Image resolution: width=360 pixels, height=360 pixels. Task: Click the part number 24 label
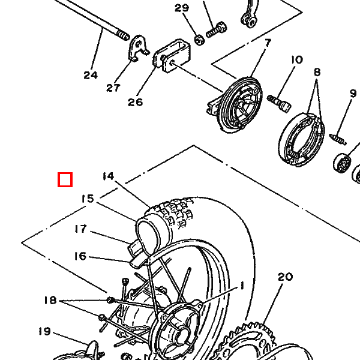[91, 76]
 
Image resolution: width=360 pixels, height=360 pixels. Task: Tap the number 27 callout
[113, 88]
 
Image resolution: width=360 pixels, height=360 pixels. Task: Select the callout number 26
[135, 102]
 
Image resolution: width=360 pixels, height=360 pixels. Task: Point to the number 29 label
[182, 8]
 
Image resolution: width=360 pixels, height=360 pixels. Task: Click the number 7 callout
[268, 43]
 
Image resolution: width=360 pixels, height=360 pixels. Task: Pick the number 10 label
[297, 60]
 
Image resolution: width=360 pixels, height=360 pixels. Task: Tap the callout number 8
[317, 72]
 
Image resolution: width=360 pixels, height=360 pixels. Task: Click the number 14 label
[108, 176]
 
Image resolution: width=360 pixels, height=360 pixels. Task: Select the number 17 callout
[81, 229]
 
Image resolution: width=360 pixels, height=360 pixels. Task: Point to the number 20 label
[286, 277]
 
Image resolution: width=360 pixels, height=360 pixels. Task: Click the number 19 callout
[44, 331]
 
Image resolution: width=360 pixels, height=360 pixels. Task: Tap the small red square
[65, 179]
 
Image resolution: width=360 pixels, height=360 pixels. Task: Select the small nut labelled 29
[200, 40]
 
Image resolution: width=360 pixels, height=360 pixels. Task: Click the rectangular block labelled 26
[172, 56]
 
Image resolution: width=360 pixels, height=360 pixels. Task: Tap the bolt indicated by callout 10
[279, 103]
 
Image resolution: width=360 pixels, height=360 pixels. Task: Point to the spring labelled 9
[338, 139]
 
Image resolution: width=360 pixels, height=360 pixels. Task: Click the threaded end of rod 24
[123, 35]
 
